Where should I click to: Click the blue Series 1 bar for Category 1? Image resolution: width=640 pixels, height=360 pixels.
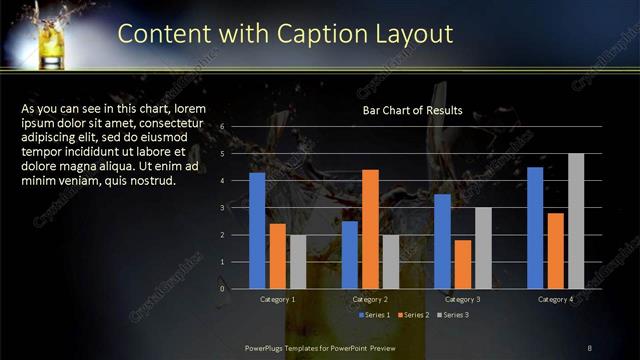(257, 230)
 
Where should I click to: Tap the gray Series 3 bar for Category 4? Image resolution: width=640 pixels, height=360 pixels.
(576, 221)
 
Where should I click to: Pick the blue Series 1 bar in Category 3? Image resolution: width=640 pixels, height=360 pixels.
(442, 241)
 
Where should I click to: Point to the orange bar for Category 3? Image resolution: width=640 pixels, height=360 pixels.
(463, 264)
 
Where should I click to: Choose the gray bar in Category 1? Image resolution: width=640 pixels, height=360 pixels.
(298, 261)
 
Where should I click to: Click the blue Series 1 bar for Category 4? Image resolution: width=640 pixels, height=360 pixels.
(535, 227)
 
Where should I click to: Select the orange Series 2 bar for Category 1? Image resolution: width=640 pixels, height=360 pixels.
(277, 256)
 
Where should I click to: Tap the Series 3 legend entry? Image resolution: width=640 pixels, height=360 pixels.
(451, 315)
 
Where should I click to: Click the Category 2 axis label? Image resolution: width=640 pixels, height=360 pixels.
(371, 299)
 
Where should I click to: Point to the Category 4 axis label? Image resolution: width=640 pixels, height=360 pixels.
(555, 299)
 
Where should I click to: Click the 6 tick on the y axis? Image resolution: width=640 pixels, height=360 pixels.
(236, 127)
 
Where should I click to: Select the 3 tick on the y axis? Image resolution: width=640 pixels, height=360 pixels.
(236, 208)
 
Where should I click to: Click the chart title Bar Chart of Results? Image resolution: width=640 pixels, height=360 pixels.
(412, 110)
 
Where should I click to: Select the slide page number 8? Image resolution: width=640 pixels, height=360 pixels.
(589, 346)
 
